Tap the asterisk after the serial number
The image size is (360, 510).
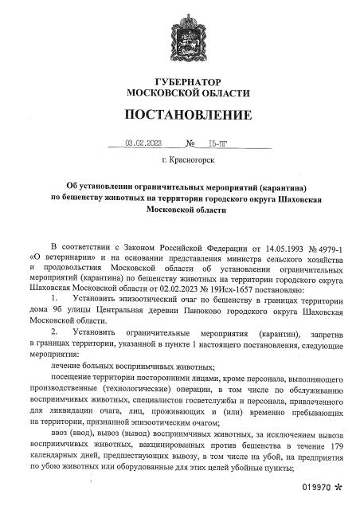[340, 486]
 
